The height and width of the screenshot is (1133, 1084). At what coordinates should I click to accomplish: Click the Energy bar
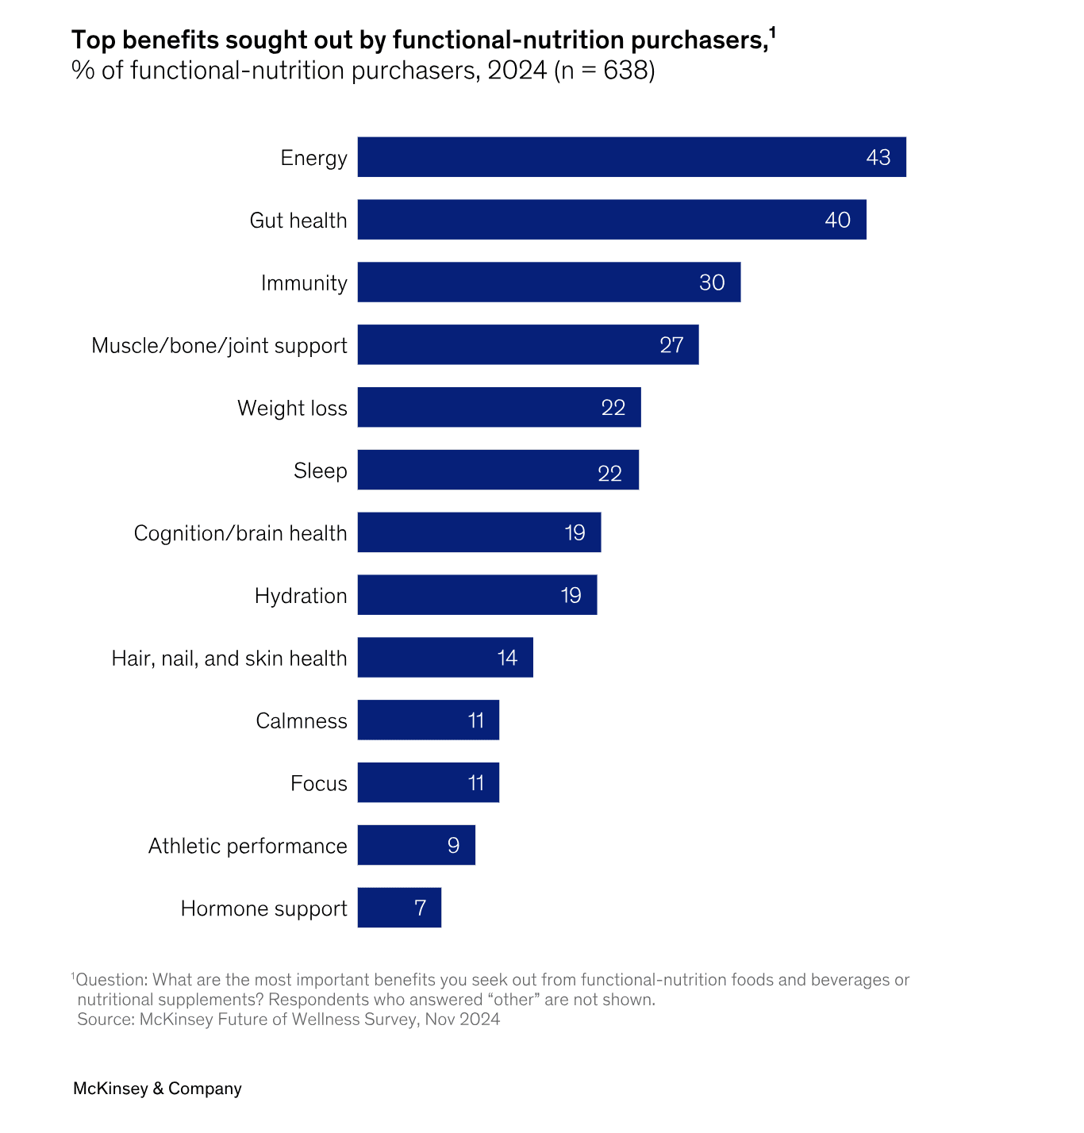(631, 157)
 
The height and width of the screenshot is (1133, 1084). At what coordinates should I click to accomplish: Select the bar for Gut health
(611, 220)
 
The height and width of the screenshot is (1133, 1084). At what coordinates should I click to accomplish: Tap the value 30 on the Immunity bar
(712, 282)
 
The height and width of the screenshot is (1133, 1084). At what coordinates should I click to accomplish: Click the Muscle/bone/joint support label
(219, 346)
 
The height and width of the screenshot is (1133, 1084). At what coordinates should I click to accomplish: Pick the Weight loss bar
(498, 408)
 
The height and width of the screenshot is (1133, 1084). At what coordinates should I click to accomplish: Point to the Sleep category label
(320, 470)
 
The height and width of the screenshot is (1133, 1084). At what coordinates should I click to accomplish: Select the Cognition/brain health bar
(479, 532)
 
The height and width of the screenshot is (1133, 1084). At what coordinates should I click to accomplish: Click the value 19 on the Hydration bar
(571, 595)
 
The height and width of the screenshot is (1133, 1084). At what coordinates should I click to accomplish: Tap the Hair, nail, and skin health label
(229, 659)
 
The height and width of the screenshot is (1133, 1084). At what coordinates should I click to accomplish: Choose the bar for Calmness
(428, 720)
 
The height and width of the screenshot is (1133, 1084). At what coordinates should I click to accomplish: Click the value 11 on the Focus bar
(476, 783)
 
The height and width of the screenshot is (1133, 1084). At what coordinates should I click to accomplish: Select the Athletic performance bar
(416, 846)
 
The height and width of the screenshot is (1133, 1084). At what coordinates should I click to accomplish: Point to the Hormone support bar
(398, 908)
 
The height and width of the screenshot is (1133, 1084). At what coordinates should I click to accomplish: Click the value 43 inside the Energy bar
(878, 157)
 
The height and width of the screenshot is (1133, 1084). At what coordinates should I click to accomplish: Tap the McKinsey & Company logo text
(157, 1089)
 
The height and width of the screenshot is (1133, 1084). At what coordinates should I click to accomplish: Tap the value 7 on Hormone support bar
(421, 908)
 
